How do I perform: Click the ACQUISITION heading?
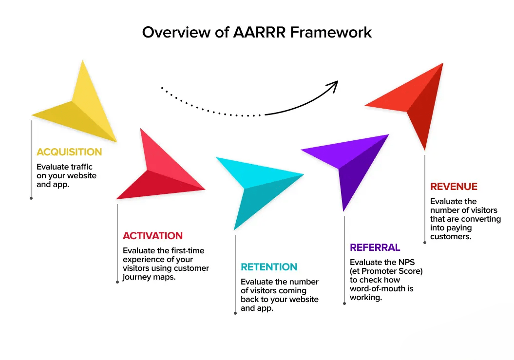coord(69,152)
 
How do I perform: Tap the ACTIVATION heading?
coord(153,236)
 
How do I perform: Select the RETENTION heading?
coord(269,267)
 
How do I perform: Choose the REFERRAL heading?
coord(375,247)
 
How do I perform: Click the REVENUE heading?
coord(454,187)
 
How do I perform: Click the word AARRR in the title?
coord(259,33)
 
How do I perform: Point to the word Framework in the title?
coord(331,33)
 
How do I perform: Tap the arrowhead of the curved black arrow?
coord(334,85)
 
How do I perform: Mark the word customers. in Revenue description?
coord(451,237)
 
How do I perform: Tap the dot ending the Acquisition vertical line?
coord(31,198)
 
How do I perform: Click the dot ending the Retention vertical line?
coord(235,313)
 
